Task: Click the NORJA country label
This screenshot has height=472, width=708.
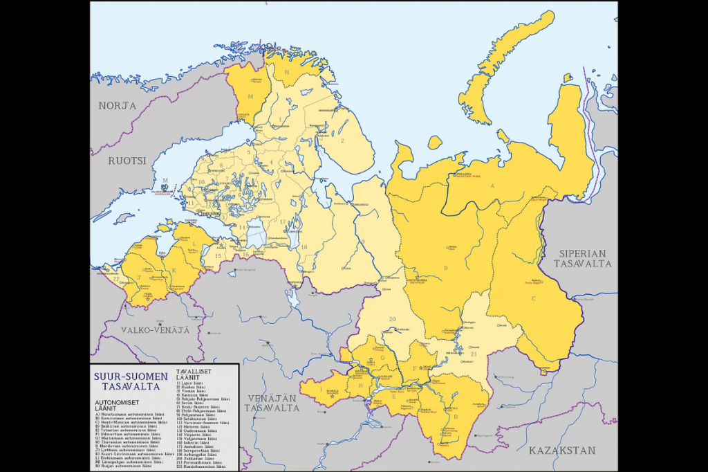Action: [117, 106]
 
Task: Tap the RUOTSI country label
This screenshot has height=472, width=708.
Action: [128, 160]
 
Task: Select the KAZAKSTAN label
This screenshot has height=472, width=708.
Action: [562, 451]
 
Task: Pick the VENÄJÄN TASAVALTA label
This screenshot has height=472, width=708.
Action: [271, 403]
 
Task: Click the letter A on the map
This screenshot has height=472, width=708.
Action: [492, 187]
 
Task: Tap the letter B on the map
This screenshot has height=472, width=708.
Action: [447, 267]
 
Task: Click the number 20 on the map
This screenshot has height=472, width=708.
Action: [392, 318]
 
